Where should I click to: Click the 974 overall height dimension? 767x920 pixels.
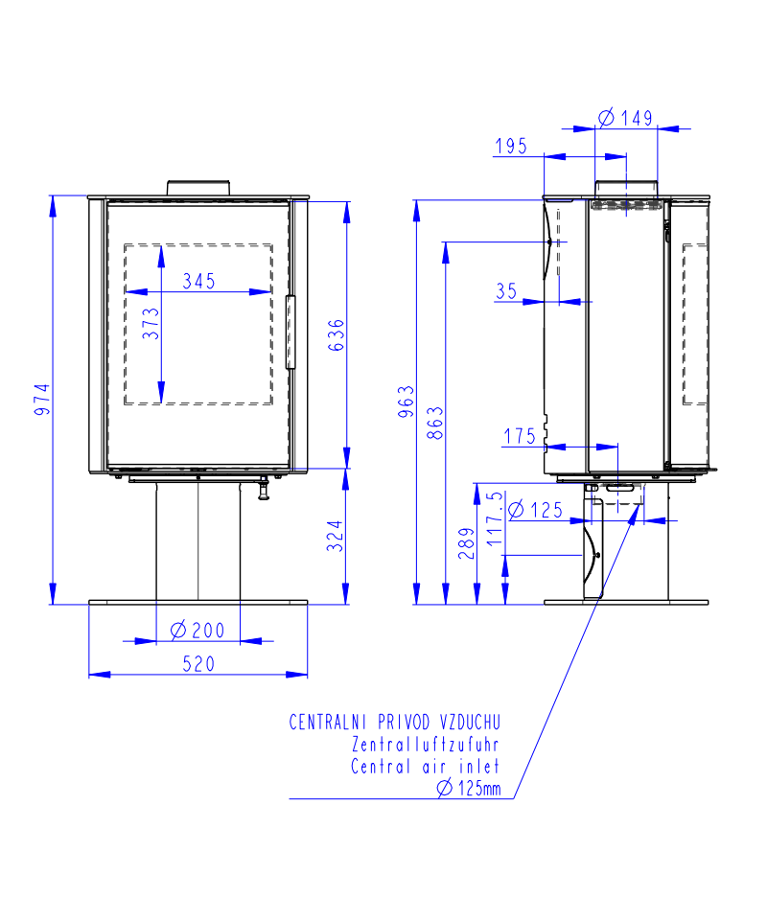pos(42,401)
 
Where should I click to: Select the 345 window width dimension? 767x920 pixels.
pos(198,281)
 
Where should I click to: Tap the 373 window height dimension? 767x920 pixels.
pos(151,323)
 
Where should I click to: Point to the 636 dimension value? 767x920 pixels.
pos(336,335)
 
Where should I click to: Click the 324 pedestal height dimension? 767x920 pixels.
pos(336,536)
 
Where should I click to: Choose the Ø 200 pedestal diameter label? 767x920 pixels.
pos(198,631)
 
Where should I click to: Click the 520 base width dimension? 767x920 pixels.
pos(198,664)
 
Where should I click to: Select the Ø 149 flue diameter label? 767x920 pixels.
pos(625,118)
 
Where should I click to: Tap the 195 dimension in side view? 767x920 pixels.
pos(511,146)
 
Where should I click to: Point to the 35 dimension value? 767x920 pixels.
pos(506,291)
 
